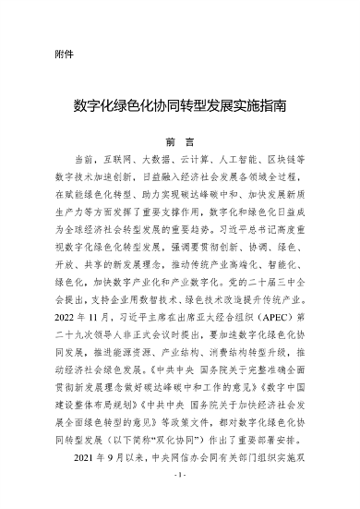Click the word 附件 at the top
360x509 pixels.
64,53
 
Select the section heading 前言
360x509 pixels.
179,143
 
